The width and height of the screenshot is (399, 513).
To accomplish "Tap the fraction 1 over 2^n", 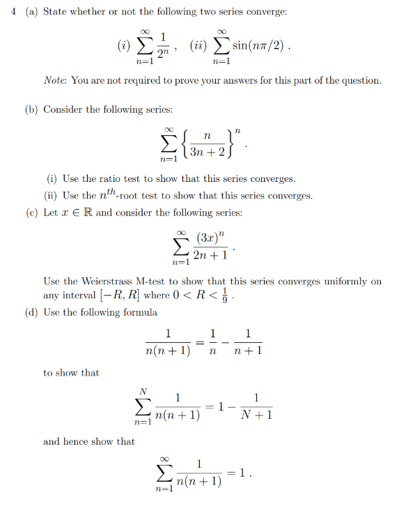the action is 162,47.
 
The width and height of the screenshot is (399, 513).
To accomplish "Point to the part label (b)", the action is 32,109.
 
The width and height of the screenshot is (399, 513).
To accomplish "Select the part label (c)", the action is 32,213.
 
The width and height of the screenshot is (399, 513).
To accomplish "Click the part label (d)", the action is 32,312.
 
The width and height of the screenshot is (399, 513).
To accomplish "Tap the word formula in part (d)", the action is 140,312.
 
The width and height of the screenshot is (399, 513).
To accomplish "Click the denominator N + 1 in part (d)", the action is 256,416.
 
